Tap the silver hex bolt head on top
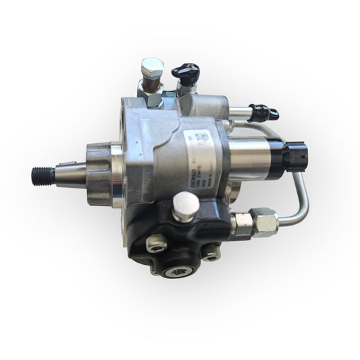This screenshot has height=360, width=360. tap(153, 68)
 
